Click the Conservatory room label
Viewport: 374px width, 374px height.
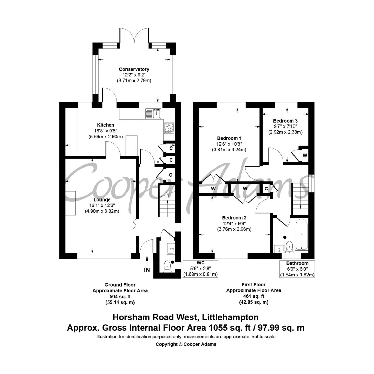(134, 69)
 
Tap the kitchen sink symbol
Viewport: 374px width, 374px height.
(153, 113)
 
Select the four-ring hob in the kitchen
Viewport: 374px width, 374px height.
(169, 128)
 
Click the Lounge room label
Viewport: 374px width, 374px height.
(102, 199)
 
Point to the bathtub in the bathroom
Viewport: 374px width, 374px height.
(301, 234)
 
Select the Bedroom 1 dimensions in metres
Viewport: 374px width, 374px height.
(229, 150)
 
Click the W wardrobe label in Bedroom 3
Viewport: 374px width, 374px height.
(305, 156)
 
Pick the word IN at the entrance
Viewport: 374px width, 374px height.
(147, 270)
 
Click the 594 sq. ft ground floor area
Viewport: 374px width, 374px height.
(120, 297)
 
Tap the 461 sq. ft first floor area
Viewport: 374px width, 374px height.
(253, 296)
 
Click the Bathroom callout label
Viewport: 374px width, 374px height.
(297, 263)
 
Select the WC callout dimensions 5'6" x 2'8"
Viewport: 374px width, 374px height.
(201, 268)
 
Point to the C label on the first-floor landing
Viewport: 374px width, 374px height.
(266, 189)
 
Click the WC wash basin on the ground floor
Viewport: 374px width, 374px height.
(171, 249)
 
